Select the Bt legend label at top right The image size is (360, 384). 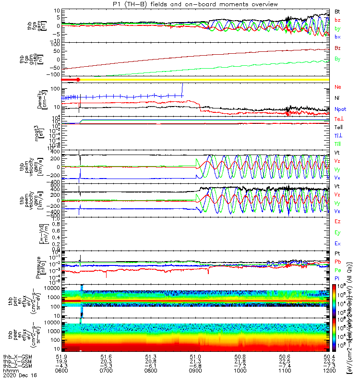click(337, 11)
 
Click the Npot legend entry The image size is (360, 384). click(340, 109)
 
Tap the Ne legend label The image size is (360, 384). click(337, 87)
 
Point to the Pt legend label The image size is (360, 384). click(337, 252)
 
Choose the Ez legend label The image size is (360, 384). click(337, 221)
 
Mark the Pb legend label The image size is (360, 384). click(337, 262)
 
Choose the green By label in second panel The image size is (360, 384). click(337, 59)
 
